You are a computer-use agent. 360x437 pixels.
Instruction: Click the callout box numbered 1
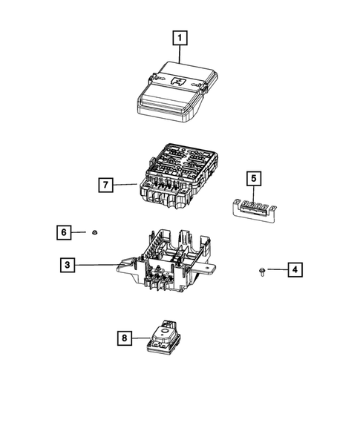pos(180,35)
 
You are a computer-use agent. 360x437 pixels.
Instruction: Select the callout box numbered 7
pos(108,184)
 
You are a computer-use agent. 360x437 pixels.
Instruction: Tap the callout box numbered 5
pos(252,178)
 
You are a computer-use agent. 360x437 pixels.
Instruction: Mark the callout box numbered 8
pos(125,338)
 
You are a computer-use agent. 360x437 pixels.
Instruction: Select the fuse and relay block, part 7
pos(178,178)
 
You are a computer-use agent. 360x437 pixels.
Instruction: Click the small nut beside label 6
pos(96,233)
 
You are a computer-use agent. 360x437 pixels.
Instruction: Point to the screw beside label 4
pos(264,270)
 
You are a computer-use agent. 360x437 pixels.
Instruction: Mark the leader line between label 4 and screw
pos(277,269)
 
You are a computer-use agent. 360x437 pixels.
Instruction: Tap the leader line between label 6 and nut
pos(82,233)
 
